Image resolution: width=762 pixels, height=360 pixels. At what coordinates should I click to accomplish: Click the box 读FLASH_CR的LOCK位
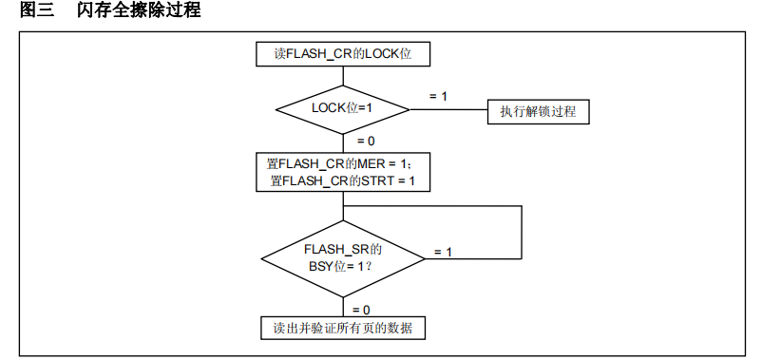343,55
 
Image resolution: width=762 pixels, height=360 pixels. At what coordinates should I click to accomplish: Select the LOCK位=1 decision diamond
343,108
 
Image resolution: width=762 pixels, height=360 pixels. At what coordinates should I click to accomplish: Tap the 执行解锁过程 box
538,111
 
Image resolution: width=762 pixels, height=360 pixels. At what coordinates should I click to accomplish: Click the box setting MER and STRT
343,172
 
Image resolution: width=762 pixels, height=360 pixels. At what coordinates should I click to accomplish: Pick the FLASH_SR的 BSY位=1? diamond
343,257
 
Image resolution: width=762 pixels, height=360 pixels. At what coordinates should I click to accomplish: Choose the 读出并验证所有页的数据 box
343,328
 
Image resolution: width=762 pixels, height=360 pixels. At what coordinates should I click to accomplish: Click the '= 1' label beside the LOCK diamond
438,96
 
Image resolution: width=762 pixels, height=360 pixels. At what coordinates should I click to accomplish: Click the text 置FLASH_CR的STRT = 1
343,180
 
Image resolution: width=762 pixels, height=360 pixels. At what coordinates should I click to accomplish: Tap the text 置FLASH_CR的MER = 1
343,164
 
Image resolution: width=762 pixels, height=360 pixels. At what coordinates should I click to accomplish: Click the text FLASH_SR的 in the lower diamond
343,249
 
